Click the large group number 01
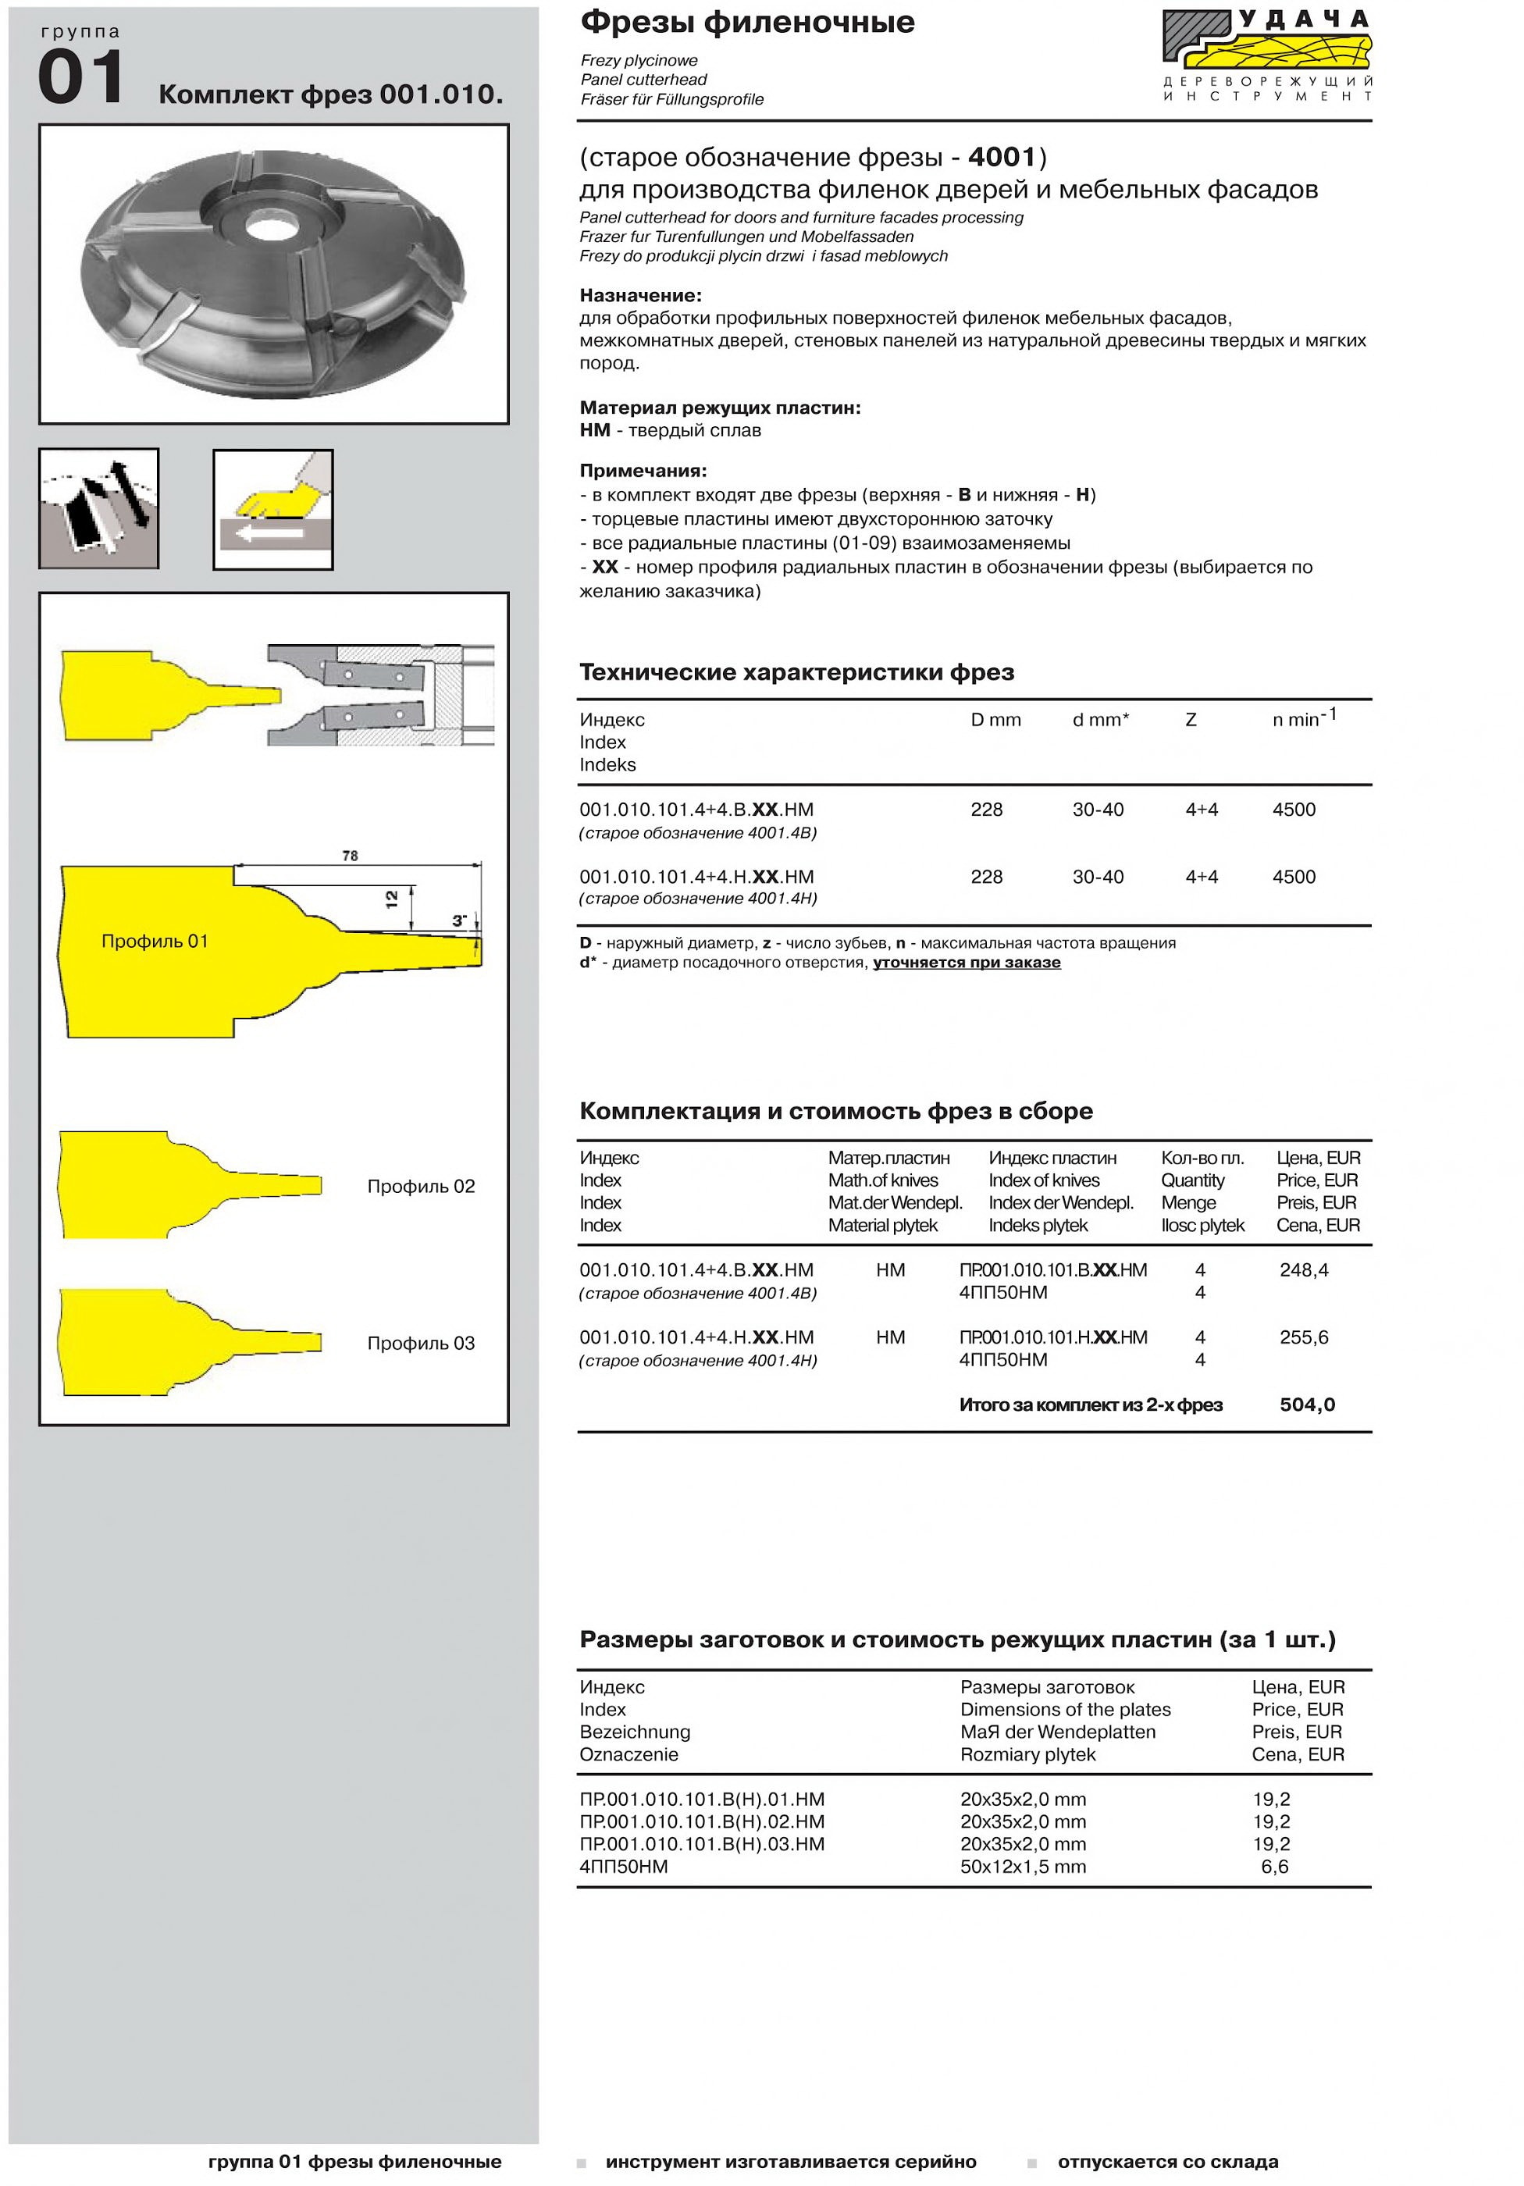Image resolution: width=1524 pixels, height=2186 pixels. click(81, 77)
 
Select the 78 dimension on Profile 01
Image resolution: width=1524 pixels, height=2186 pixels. click(351, 856)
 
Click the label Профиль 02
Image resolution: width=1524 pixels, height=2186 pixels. click(421, 1187)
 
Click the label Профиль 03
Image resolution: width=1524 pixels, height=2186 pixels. click(421, 1344)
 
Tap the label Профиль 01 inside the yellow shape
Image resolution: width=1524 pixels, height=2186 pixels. click(155, 942)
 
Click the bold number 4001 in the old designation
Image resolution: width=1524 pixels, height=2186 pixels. click(1002, 156)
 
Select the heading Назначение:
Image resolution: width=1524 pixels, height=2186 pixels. click(641, 295)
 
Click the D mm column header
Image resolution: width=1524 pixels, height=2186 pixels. click(995, 721)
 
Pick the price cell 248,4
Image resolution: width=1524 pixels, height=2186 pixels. click(1303, 1270)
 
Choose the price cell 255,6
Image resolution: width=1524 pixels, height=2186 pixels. click(1303, 1337)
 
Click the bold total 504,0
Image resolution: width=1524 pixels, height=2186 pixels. click(1307, 1405)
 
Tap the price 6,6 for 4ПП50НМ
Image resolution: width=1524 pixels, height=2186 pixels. click(1275, 1866)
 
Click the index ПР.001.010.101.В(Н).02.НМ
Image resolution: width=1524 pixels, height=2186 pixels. click(702, 1821)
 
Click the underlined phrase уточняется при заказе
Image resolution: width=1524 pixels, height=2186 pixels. click(967, 963)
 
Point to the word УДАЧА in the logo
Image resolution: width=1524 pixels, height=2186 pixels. click(1304, 19)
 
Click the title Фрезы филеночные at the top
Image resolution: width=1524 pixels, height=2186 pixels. click(747, 22)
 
